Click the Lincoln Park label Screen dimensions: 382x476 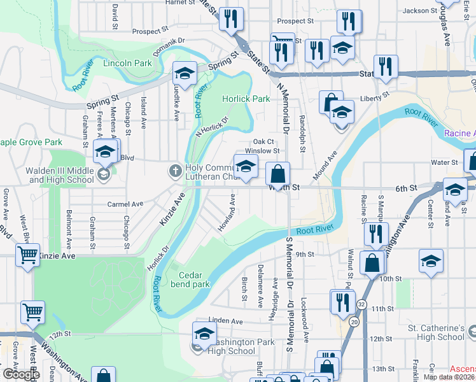point(127,63)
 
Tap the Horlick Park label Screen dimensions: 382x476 point(246,99)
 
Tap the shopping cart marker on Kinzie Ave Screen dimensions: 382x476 point(29,255)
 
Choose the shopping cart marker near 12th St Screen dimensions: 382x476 point(32,312)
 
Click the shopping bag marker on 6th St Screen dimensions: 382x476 point(278,173)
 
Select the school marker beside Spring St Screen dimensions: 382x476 point(185,74)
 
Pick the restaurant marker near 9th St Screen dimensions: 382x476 point(376,234)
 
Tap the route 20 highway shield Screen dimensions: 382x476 point(354,322)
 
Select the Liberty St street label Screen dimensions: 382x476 point(374,97)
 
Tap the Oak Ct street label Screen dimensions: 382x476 point(263,142)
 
